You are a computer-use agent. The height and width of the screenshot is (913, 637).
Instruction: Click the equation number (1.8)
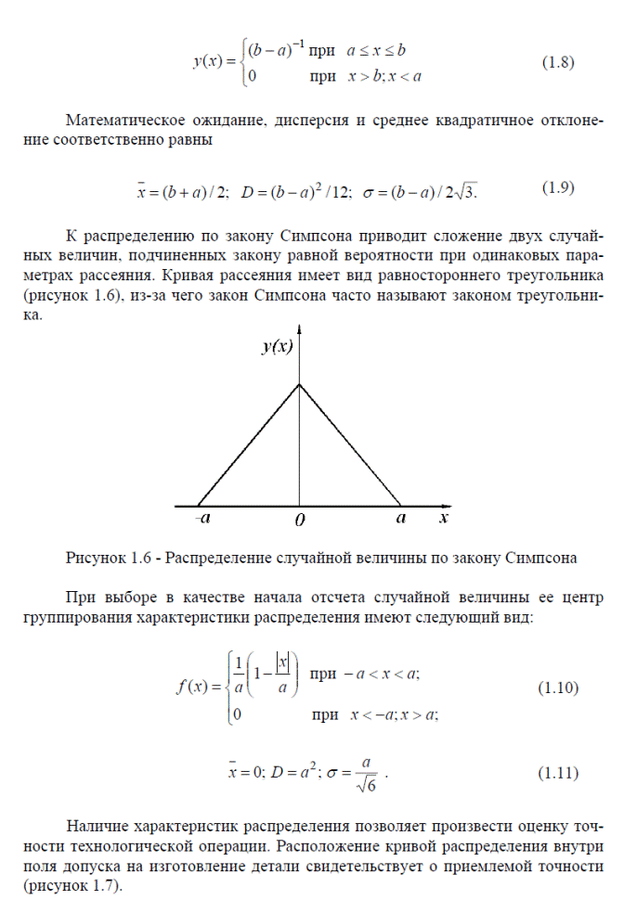[x=557, y=63]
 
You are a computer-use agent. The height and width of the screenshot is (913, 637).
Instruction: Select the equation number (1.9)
[x=557, y=187]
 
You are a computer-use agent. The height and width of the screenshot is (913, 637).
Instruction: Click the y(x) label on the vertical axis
[x=277, y=347]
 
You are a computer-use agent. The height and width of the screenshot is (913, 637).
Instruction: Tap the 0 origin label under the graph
[x=299, y=521]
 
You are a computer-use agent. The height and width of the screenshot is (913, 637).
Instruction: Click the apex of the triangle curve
[x=299, y=383]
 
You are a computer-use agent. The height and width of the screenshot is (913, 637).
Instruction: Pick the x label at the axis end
[x=444, y=518]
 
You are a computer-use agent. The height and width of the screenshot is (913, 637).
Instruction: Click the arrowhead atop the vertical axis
[x=299, y=328]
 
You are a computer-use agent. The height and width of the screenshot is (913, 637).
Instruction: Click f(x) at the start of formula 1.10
[x=194, y=688]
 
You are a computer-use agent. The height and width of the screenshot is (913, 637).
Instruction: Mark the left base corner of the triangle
[x=198, y=506]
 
